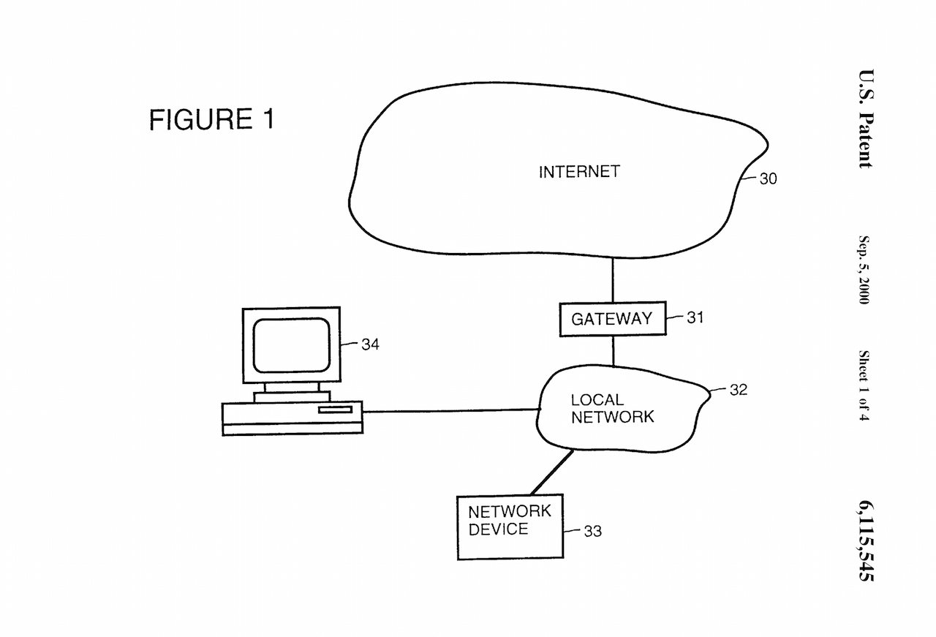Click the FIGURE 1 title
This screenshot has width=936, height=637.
coord(212,119)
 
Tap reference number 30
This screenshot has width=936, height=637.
coord(768,178)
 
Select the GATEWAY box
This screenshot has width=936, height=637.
coord(612,319)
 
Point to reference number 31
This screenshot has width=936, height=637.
coord(695,318)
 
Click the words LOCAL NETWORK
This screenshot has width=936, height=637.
coord(611,409)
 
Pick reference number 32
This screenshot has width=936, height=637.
coord(738,390)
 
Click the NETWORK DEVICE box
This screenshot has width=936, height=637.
coord(510,527)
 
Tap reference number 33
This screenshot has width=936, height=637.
coord(592,532)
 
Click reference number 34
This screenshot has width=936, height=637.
coord(370,344)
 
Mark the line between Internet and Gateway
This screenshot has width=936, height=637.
coord(613,279)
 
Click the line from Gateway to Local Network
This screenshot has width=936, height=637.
coord(613,351)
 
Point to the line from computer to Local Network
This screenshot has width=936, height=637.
coord(450,411)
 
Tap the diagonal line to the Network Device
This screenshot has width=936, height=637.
coord(552,473)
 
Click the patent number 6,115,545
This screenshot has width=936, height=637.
coord(866,540)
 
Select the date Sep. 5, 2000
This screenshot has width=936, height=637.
coord(864,271)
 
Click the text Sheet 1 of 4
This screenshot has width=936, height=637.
coord(864,385)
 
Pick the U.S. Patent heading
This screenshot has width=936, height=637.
coord(867,118)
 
